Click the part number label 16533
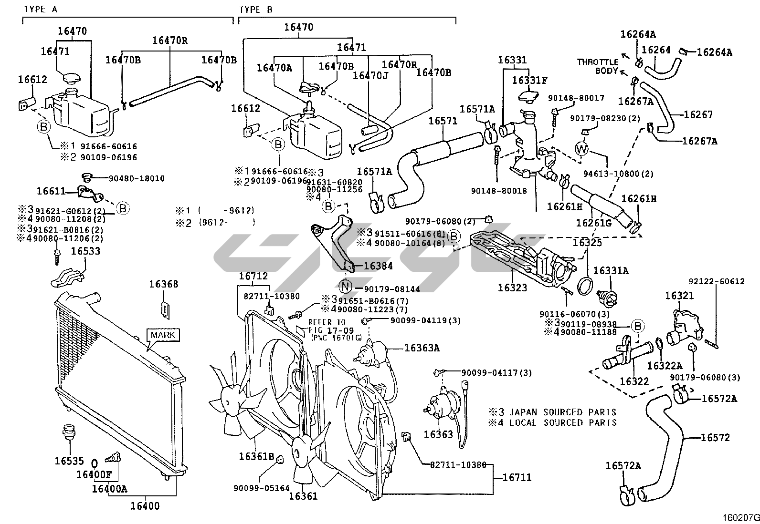(85, 251)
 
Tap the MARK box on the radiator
(163, 335)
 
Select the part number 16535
(69, 461)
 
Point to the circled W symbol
(581, 149)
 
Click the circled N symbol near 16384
(345, 287)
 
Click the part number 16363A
(422, 348)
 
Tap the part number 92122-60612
(716, 281)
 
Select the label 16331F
(529, 80)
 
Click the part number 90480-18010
(137, 179)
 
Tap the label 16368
(163, 284)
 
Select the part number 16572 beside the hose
(715, 437)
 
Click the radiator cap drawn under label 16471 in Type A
(70, 77)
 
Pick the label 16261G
(593, 223)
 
